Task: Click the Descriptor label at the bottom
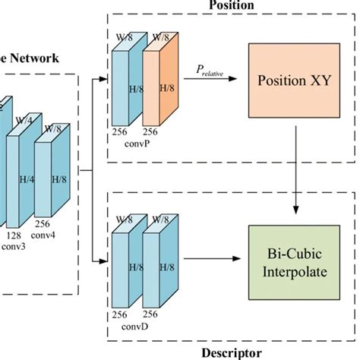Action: coord(232,352)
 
